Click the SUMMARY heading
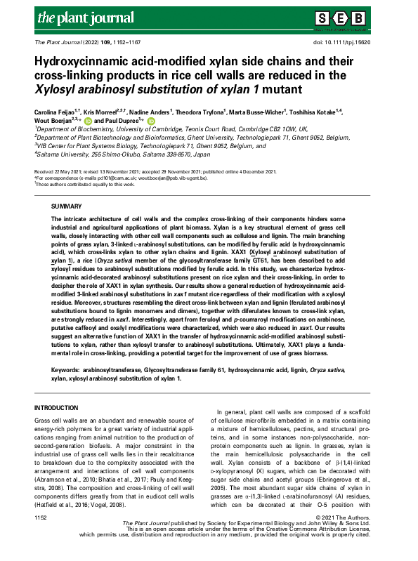tap(68, 207)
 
